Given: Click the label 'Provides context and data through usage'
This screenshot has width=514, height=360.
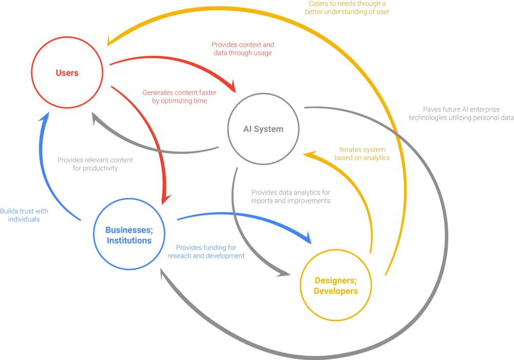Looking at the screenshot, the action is pos(243,49).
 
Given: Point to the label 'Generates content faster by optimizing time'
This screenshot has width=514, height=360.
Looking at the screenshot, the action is pos(179,97).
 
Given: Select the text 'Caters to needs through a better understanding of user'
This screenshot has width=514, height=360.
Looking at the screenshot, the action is pos(347,8).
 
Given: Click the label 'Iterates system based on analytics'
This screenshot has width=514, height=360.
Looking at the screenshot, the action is pos(362,154).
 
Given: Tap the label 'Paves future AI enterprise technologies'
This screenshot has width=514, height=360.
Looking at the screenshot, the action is pos(461,113).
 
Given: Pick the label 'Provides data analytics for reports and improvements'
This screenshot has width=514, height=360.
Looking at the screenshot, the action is pos(291,197).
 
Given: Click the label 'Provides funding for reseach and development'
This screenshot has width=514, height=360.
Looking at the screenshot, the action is pos(206,252).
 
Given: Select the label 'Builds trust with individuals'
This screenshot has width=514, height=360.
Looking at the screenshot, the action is pos(24,215).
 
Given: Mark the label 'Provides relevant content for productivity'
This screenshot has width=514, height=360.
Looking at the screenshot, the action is pos(95,164).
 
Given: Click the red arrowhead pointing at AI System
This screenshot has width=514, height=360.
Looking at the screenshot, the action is pos(232,86).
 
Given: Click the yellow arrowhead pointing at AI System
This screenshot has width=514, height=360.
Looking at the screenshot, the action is pos(309,154).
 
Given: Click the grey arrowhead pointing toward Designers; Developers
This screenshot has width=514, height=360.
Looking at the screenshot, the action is pos(284,273).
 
